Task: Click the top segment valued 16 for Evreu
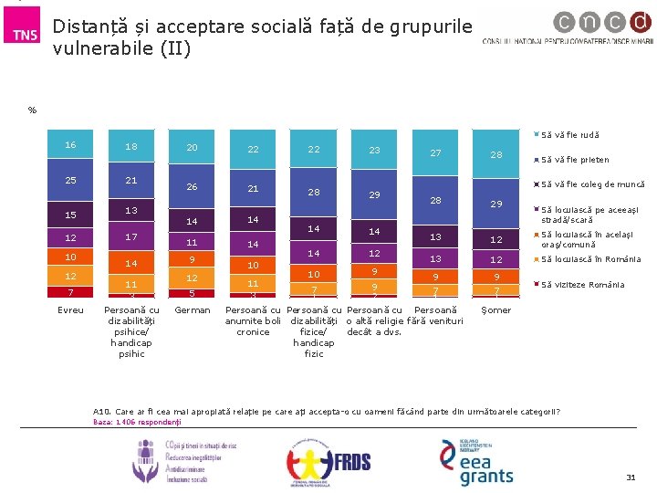tap(70, 146)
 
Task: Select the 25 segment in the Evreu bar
tap(70, 181)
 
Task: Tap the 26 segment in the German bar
tap(192, 187)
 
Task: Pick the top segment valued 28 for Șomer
tap(496, 155)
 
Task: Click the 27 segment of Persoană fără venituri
tap(435, 152)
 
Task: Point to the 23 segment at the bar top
tap(374, 150)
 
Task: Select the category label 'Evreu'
tap(70, 310)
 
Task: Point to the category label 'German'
tap(192, 310)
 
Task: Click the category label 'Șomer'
tap(496, 310)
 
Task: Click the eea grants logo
tap(474, 460)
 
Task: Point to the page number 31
tap(630, 478)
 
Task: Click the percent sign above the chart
tap(32, 110)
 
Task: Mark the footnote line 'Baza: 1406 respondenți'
tap(138, 422)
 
